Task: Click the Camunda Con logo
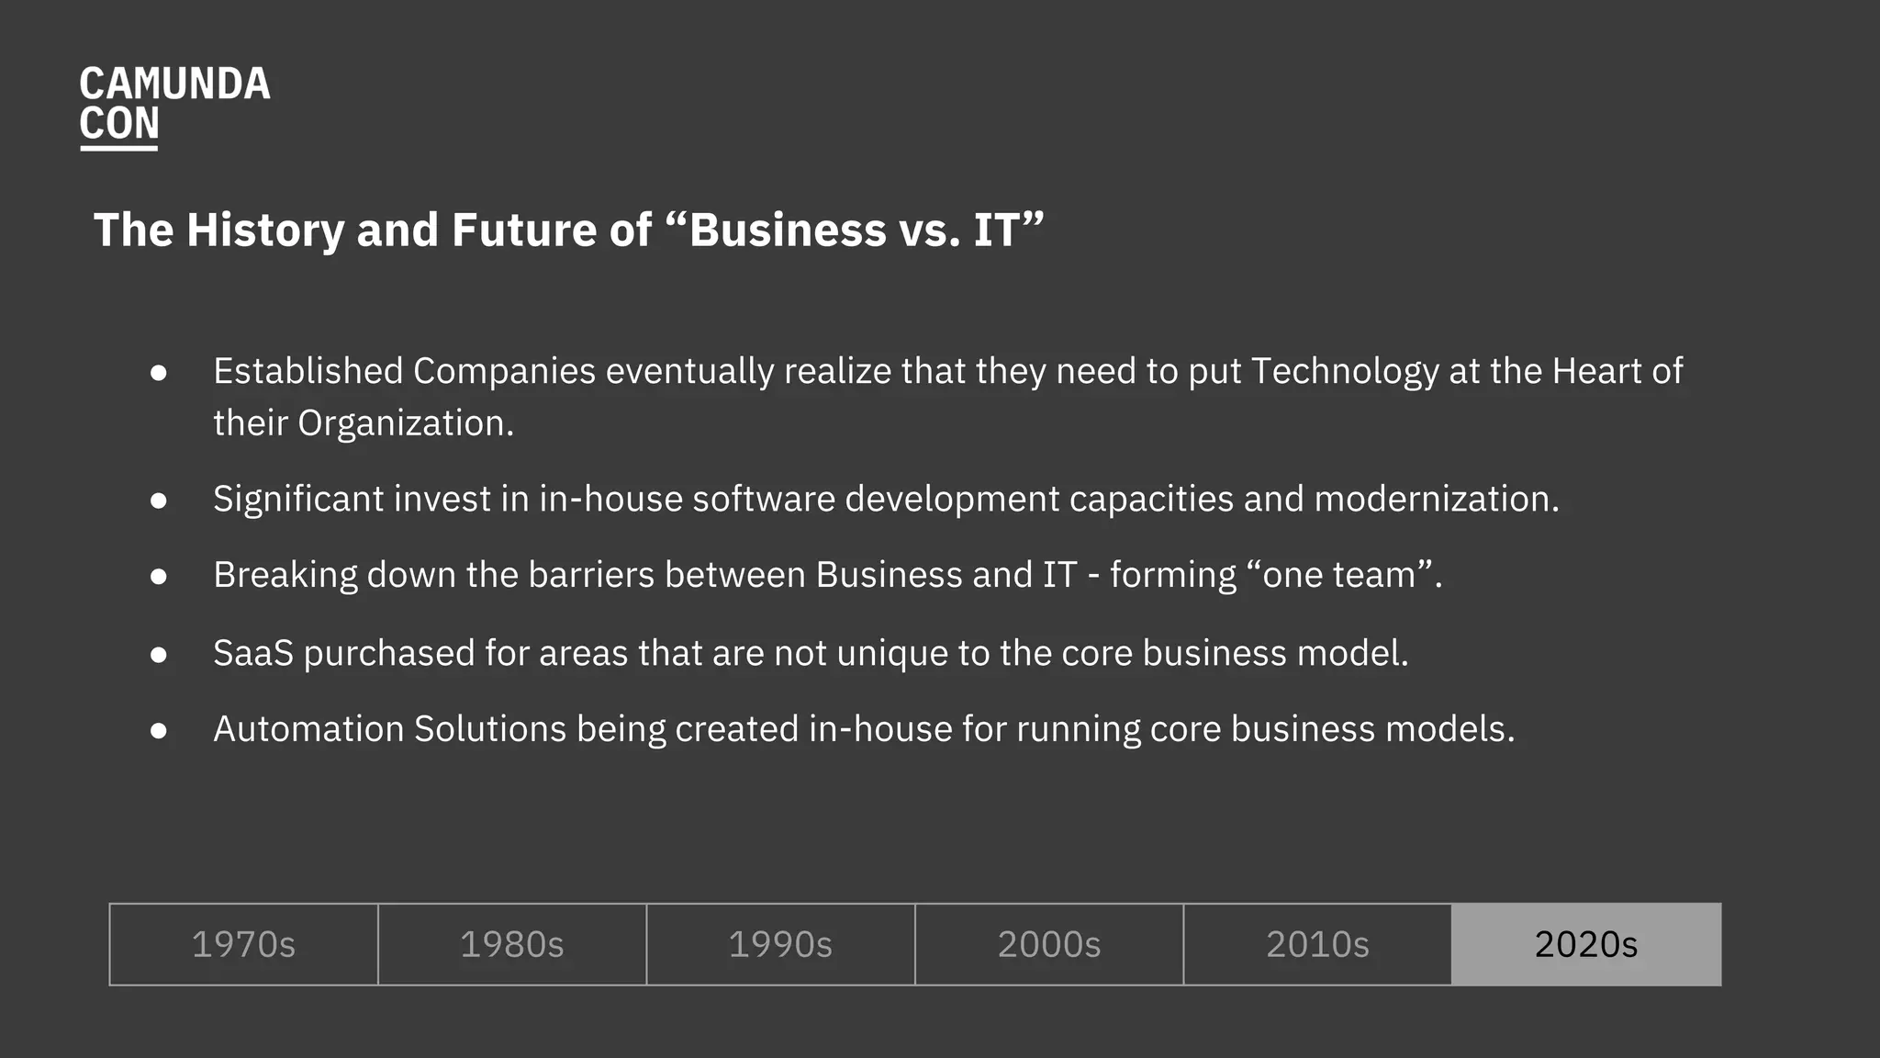tap(174, 105)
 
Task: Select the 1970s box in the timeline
tap(243, 944)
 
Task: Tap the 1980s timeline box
tap(511, 944)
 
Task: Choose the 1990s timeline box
tap(780, 944)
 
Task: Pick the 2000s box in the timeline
tap(1048, 944)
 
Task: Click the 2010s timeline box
tap(1317, 944)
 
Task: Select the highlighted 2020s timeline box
tap(1586, 944)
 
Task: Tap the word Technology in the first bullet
tap(1345, 372)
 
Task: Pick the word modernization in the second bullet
tap(1436, 499)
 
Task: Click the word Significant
tap(298, 499)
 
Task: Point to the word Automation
tap(308, 729)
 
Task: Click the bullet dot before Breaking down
tap(159, 576)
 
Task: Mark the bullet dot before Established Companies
tap(159, 372)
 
